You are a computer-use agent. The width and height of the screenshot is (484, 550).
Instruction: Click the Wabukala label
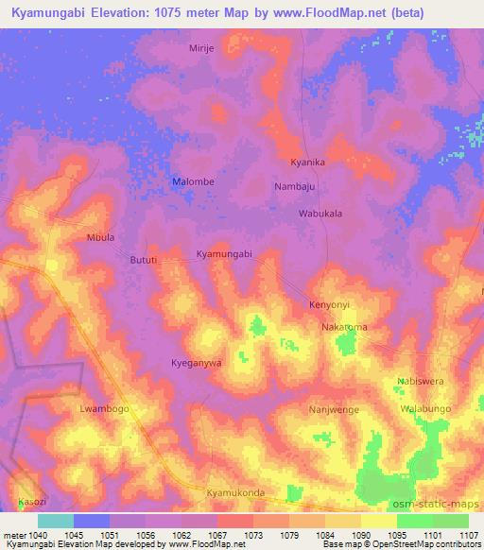coord(320,214)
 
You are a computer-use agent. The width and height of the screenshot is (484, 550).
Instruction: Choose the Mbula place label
coord(100,237)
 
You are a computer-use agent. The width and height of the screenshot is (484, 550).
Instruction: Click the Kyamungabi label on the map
coord(224,254)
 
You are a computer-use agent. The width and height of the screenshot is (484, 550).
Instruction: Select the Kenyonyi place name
coord(330,305)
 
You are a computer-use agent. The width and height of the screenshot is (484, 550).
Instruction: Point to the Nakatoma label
coord(344,327)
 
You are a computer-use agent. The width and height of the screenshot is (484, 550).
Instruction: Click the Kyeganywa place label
coord(197,363)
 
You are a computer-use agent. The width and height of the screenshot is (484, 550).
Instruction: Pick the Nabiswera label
coord(420,382)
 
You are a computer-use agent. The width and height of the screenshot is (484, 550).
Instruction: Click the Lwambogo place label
coord(103,409)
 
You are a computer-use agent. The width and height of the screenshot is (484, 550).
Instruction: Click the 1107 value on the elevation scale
coord(469,535)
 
